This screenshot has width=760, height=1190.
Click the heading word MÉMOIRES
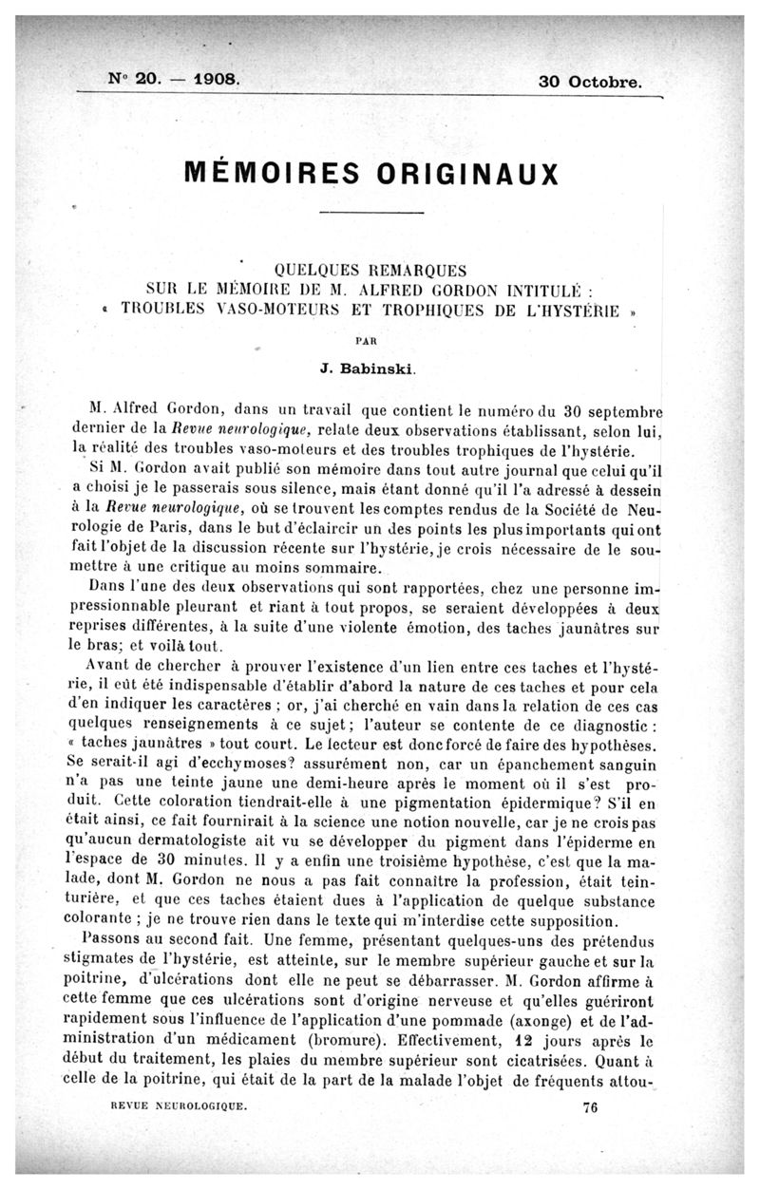click(x=269, y=175)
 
